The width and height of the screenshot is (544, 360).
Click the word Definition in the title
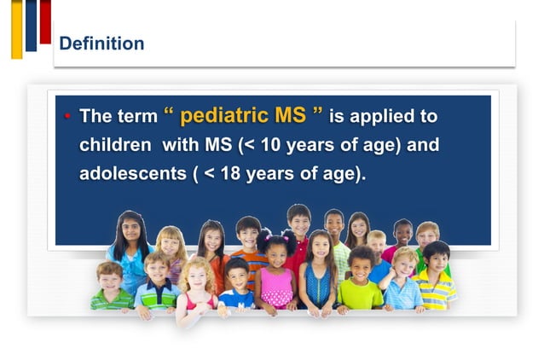tap(101, 44)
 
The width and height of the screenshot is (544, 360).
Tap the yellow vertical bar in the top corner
tap(16, 29)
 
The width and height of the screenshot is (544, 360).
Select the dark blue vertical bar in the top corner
tap(31, 25)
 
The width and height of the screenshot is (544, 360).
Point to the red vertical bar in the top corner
tap(45, 20)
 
